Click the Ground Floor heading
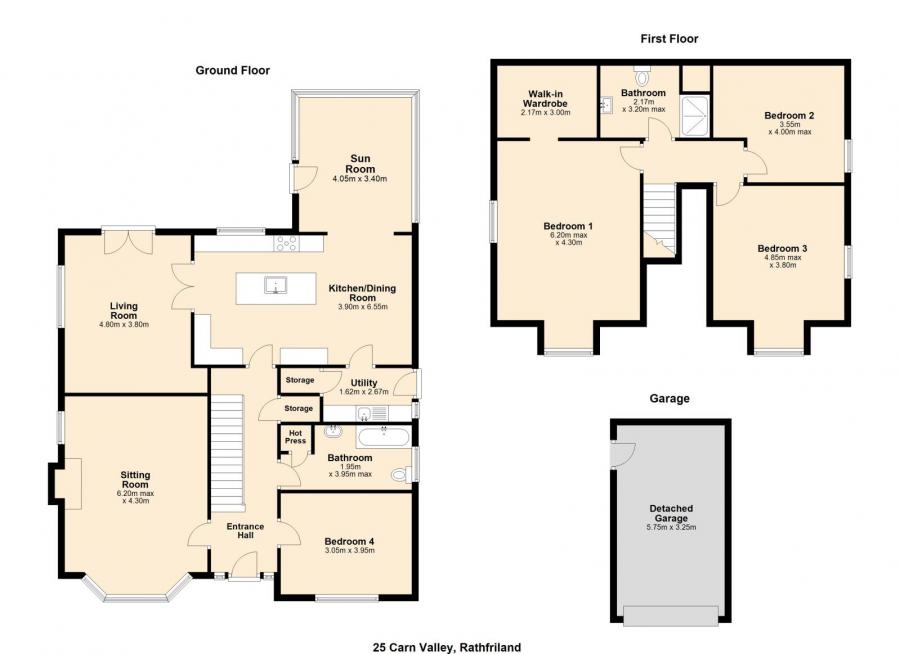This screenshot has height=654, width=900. [x=232, y=71]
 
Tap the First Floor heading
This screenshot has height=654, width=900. [x=669, y=39]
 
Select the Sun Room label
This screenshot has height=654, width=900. [x=360, y=164]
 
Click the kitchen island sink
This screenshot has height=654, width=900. [x=276, y=285]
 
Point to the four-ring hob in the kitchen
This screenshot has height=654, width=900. [x=286, y=243]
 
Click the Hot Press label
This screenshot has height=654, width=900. [x=296, y=437]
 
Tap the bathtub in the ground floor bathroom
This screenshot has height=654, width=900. [x=383, y=437]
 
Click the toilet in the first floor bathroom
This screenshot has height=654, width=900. [x=642, y=75]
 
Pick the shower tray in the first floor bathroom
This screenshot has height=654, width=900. [x=695, y=117]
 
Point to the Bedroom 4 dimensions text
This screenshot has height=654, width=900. [x=349, y=551]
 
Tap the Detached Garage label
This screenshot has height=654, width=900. [x=671, y=513]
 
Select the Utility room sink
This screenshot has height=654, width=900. [x=363, y=413]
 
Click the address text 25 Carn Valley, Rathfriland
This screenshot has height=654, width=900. [x=447, y=648]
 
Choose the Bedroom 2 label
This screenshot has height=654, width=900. [x=789, y=115]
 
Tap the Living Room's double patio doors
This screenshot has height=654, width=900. [x=129, y=242]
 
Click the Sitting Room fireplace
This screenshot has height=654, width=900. [x=65, y=483]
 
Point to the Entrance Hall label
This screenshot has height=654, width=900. [x=245, y=531]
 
